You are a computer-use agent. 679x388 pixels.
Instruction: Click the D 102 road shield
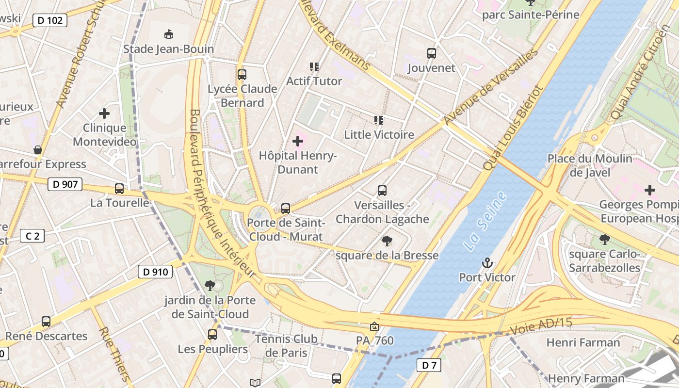coord(50,20)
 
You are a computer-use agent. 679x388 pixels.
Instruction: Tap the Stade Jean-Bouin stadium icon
coord(169,34)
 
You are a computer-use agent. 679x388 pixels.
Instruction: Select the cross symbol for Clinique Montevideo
coord(104,113)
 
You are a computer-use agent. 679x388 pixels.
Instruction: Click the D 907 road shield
coord(65,184)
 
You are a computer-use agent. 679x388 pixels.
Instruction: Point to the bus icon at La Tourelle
coord(119,189)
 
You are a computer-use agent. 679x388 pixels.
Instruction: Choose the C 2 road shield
coord(32,236)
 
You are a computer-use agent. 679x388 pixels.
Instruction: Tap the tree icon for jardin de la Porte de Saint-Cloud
coord(210,286)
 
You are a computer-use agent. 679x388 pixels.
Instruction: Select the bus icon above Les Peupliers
coord(212,334)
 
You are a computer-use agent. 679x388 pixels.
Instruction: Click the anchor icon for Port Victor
coord(487,263)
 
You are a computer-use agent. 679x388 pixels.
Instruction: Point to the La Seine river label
coord(485,221)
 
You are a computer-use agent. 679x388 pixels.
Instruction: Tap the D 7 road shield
coord(429,365)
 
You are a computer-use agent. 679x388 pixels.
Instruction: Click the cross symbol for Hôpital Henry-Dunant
coord(298,141)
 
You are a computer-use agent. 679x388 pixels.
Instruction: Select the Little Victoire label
coord(379,134)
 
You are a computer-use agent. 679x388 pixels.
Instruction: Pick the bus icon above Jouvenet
coord(432,53)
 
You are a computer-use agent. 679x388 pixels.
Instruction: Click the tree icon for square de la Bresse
coord(387,241)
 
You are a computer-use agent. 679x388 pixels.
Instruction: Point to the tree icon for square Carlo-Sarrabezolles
coord(605,239)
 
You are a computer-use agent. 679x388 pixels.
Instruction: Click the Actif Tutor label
coord(314,81)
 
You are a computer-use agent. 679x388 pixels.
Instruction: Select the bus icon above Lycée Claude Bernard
coord(242,75)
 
